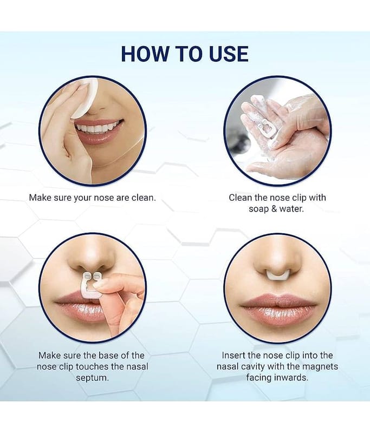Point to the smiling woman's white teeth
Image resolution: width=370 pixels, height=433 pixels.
pos(99,128)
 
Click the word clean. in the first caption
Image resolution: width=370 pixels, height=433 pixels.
pos(144,198)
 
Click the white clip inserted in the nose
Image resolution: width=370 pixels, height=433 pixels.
pos(277,274)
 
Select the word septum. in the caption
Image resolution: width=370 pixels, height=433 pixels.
pos(92,378)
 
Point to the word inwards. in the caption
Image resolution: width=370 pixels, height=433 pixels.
pos(291,377)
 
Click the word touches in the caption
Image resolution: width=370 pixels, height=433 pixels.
pos(92,367)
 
